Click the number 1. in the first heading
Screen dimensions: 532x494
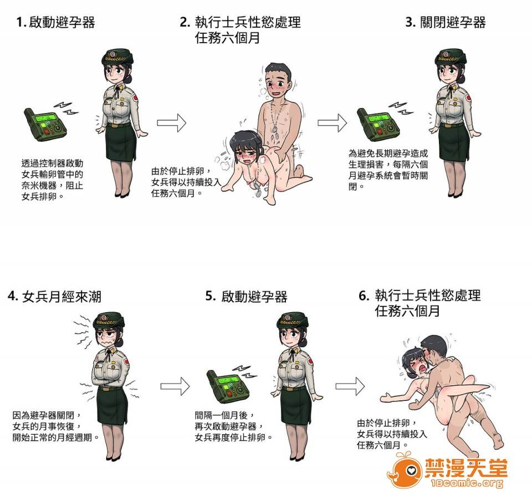tap(21, 22)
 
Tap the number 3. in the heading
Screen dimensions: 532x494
tap(411, 22)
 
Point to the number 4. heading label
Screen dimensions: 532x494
tap(13, 296)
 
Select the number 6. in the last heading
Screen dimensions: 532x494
tap(364, 296)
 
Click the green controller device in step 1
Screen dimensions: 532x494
tap(45, 125)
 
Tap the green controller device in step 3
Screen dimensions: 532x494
tap(378, 125)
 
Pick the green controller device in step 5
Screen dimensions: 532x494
tap(228, 386)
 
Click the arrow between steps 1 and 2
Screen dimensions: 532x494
tap(171, 123)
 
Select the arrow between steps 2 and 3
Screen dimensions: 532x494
tap(332, 123)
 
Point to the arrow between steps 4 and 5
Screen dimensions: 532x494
tap(175, 386)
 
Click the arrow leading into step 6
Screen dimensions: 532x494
tap(350, 386)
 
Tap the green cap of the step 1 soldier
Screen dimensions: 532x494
tap(117, 57)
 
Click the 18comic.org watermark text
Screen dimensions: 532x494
tap(467, 483)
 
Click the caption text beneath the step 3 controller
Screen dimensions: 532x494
tap(388, 170)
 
